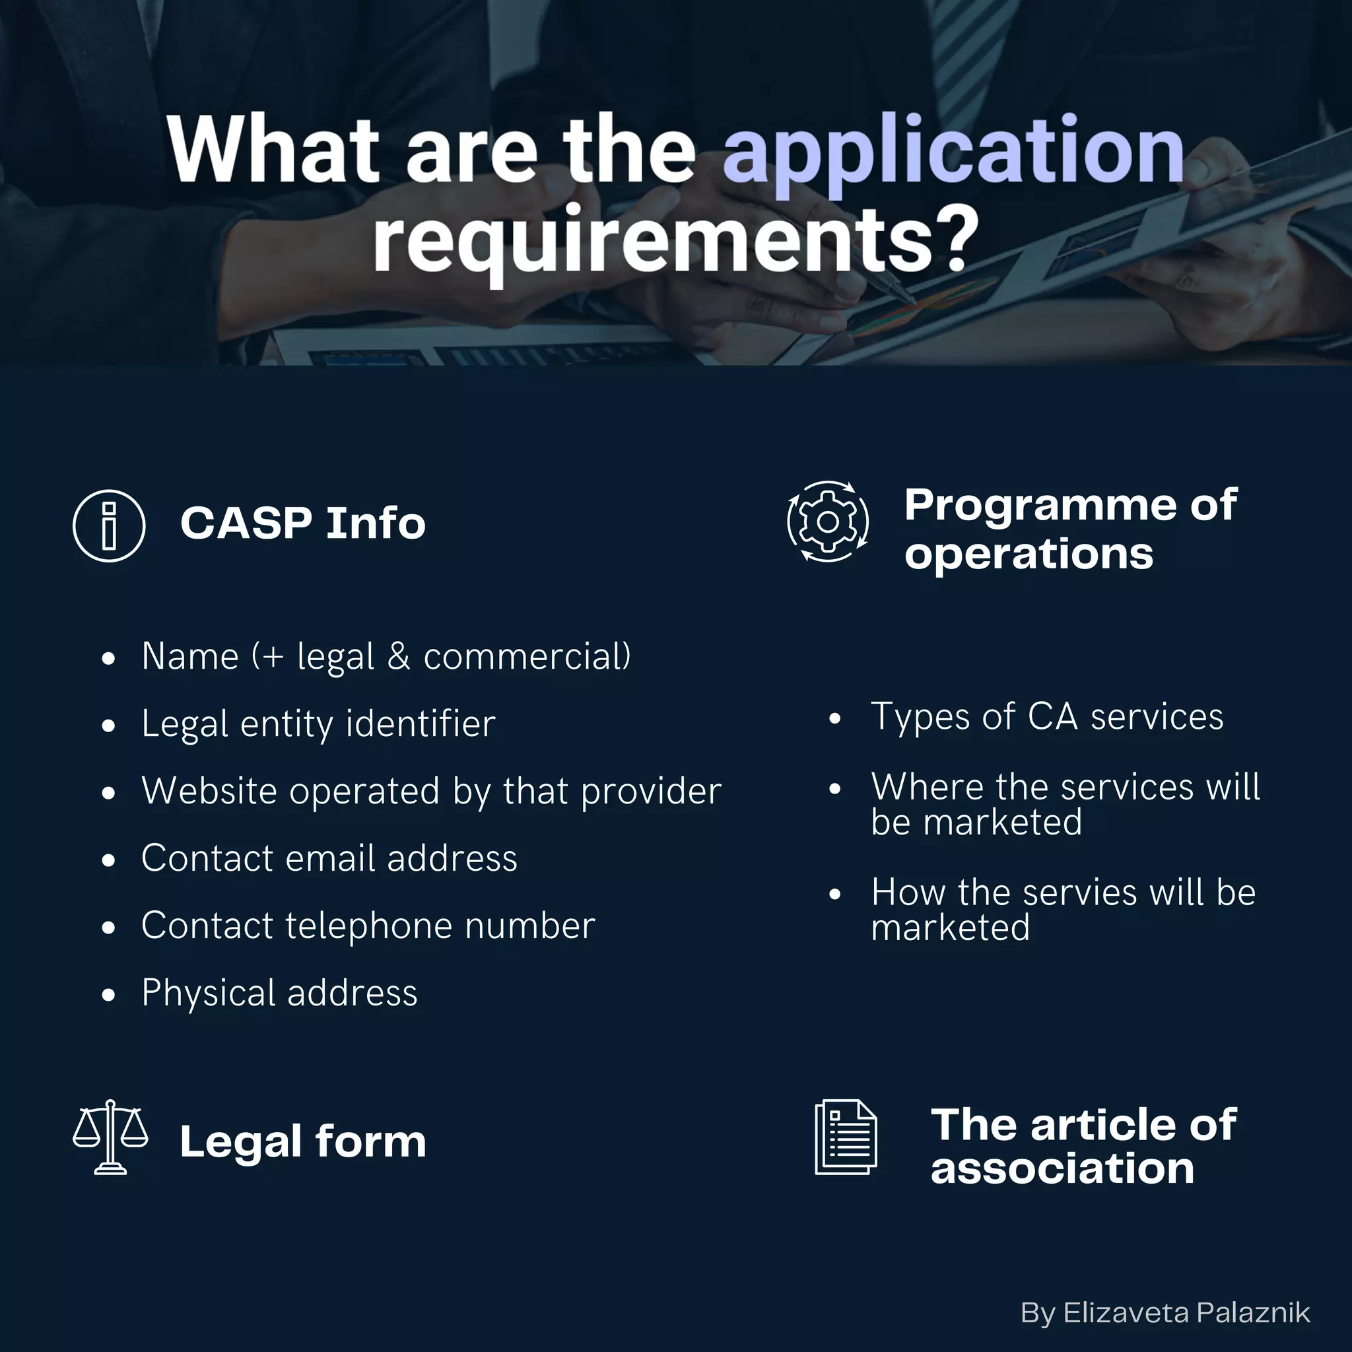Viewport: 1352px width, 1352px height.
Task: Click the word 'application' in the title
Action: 953,151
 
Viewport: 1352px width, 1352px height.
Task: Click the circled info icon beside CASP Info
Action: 109,525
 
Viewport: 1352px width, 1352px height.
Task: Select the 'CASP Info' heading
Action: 302,524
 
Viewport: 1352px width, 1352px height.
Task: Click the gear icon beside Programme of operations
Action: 828,522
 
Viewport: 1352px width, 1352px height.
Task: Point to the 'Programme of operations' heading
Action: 1070,529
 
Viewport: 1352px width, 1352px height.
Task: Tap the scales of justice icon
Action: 110,1137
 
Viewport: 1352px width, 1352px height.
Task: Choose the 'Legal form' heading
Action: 302,1141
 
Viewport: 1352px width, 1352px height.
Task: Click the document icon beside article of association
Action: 846,1137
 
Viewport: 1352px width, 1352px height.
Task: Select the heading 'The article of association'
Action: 1083,1146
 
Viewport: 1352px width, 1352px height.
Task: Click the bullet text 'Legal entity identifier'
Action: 318,724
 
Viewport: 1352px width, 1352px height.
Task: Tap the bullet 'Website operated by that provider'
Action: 431,791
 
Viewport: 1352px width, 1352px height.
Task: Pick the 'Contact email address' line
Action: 329,858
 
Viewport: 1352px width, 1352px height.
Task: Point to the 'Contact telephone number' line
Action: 368,925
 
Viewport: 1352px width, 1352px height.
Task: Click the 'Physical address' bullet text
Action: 279,992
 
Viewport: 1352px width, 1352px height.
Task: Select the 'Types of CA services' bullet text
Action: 1047,716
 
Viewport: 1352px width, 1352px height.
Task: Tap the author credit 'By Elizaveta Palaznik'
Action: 1165,1313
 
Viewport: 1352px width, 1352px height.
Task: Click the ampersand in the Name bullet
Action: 399,656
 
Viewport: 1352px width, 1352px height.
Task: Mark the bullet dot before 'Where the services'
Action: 834,789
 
